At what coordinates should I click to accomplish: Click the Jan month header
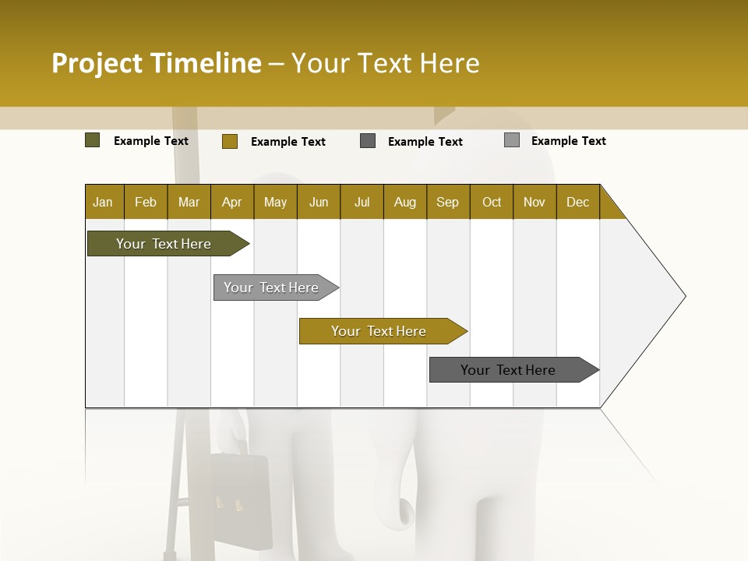104,202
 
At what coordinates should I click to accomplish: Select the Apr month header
232,202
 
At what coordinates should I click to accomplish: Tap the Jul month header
362,202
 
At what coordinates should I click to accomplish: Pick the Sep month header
448,202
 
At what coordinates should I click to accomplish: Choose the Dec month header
577,202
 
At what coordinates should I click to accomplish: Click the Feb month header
146,202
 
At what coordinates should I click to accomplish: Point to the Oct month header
492,202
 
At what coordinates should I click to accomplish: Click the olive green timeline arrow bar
164,244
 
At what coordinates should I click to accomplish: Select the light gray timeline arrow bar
272,288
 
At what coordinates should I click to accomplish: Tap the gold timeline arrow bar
379,331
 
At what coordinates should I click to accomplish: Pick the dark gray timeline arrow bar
508,370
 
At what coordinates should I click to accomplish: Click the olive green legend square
92,140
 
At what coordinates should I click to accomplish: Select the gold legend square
229,141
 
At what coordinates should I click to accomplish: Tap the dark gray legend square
368,141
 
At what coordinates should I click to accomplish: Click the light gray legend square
512,140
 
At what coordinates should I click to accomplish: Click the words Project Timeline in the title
156,63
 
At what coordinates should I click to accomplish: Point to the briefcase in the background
242,499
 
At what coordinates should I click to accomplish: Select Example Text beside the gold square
288,142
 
